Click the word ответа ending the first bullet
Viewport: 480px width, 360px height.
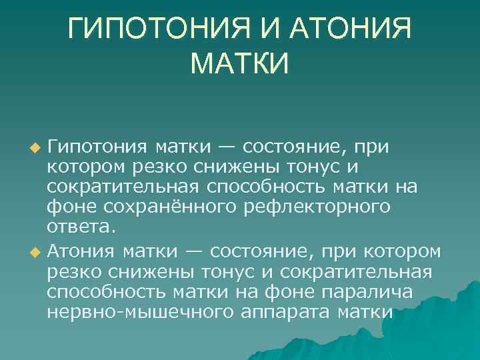81,227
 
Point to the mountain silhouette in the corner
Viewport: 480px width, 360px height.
440,320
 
